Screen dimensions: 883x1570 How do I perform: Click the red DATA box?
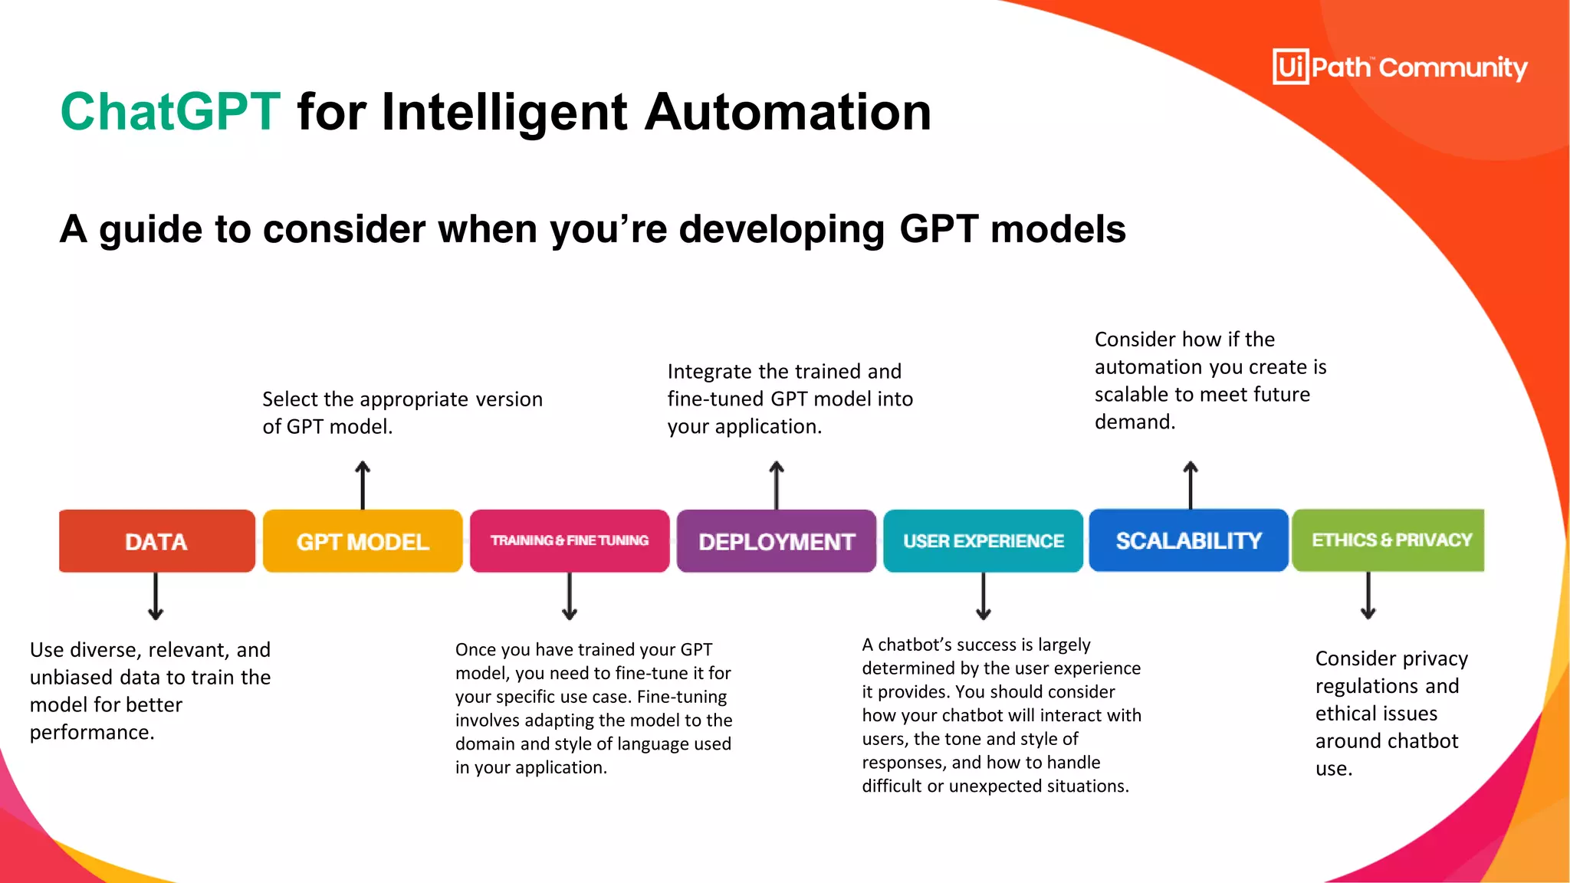(x=156, y=541)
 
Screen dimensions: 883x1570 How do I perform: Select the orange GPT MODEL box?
(x=363, y=541)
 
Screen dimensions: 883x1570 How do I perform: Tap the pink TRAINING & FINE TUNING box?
(x=570, y=541)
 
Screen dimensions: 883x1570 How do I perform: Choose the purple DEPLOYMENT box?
(x=776, y=541)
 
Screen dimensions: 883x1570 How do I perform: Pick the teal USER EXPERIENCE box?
(x=983, y=541)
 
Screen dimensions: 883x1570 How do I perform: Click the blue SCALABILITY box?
(x=1188, y=540)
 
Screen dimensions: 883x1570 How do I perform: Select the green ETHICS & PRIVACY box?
(x=1388, y=540)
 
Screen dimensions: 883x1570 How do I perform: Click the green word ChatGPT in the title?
(x=170, y=112)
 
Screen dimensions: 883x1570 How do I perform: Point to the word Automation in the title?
(x=787, y=112)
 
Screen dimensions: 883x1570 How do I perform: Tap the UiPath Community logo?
(x=1400, y=67)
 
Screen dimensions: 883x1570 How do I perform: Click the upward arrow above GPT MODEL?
(x=363, y=484)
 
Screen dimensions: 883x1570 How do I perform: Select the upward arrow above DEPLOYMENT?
(x=777, y=484)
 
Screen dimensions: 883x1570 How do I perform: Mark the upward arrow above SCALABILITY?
(x=1191, y=484)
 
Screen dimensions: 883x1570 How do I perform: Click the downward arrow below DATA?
(x=156, y=596)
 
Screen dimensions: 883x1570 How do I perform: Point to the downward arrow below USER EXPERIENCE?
(x=984, y=596)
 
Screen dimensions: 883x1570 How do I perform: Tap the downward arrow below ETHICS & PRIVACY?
(x=1368, y=596)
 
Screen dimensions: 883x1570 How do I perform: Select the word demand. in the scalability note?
(x=1135, y=422)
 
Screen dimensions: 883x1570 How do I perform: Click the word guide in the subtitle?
(x=151, y=229)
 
